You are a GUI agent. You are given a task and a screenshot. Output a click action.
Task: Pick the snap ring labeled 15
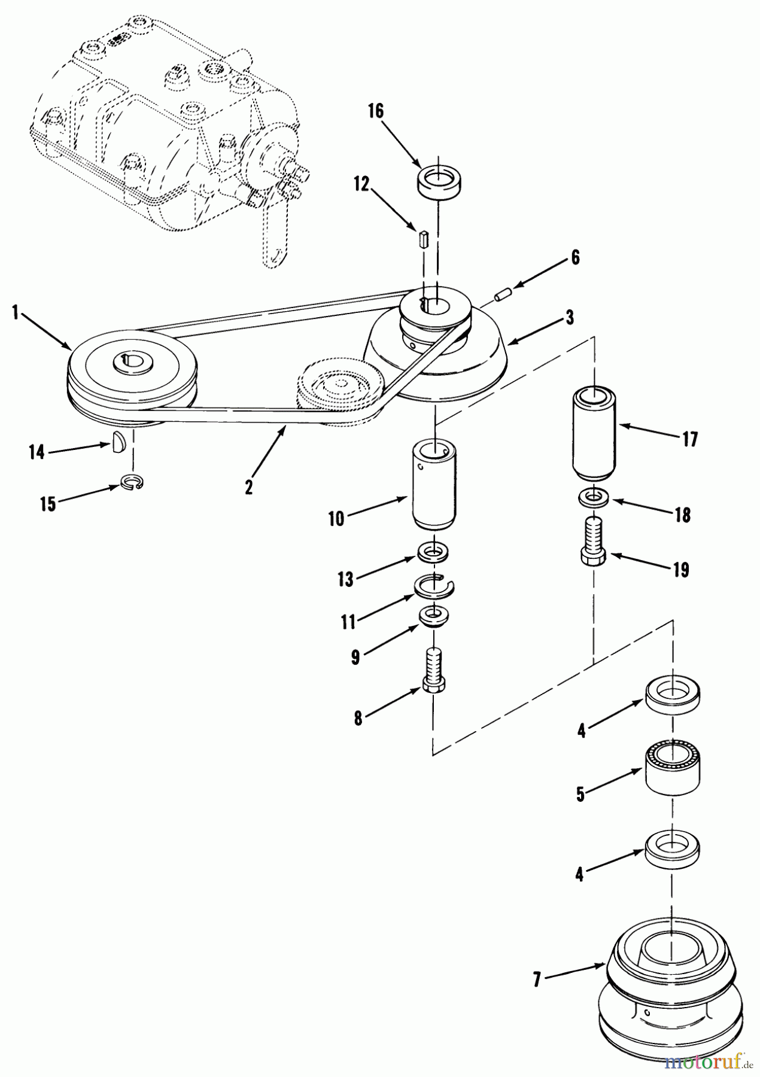[132, 481]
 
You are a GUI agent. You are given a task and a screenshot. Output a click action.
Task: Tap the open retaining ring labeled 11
[434, 585]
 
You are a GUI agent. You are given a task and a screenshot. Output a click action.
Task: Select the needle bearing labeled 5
[673, 769]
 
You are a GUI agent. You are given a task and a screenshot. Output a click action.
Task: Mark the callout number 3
[570, 318]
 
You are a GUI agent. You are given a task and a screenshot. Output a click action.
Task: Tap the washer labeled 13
[432, 550]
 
